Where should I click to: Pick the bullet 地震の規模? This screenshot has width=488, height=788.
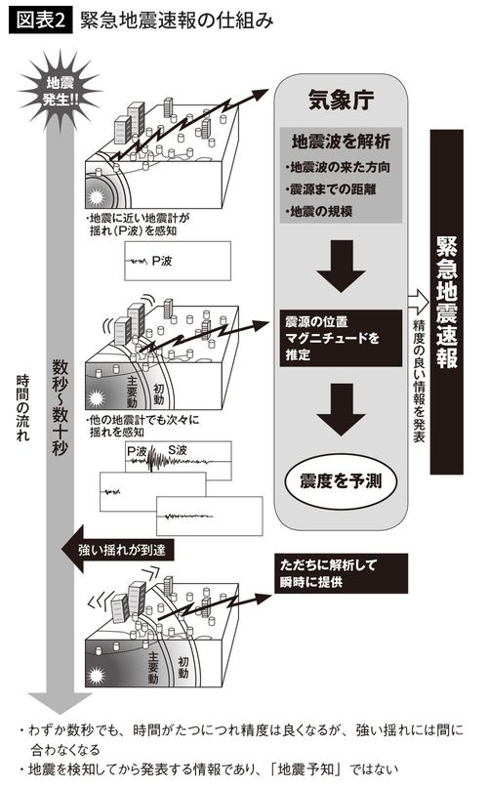tap(319, 211)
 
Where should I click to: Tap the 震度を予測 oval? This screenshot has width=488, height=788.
tap(339, 479)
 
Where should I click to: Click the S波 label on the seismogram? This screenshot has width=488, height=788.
tap(178, 450)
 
